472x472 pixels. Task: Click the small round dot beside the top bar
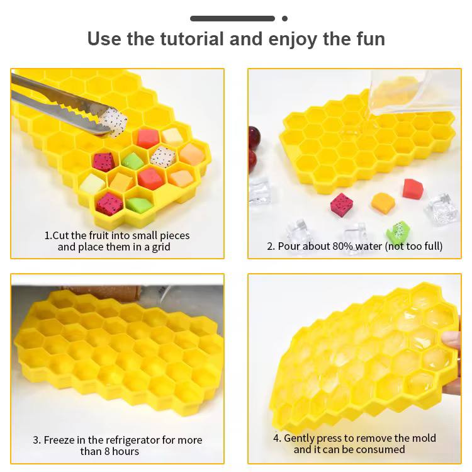click(284, 19)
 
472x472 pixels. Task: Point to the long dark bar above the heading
click(232, 19)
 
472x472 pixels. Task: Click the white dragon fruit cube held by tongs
click(113, 121)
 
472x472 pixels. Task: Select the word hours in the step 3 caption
click(125, 451)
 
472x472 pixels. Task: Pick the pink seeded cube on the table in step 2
click(341, 205)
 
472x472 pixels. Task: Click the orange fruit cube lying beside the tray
click(383, 203)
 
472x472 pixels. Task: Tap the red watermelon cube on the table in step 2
click(413, 189)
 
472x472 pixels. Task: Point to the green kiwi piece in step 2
click(398, 232)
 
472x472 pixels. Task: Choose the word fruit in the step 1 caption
click(99, 235)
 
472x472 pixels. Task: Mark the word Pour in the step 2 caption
click(289, 246)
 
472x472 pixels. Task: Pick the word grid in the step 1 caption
click(160, 247)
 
